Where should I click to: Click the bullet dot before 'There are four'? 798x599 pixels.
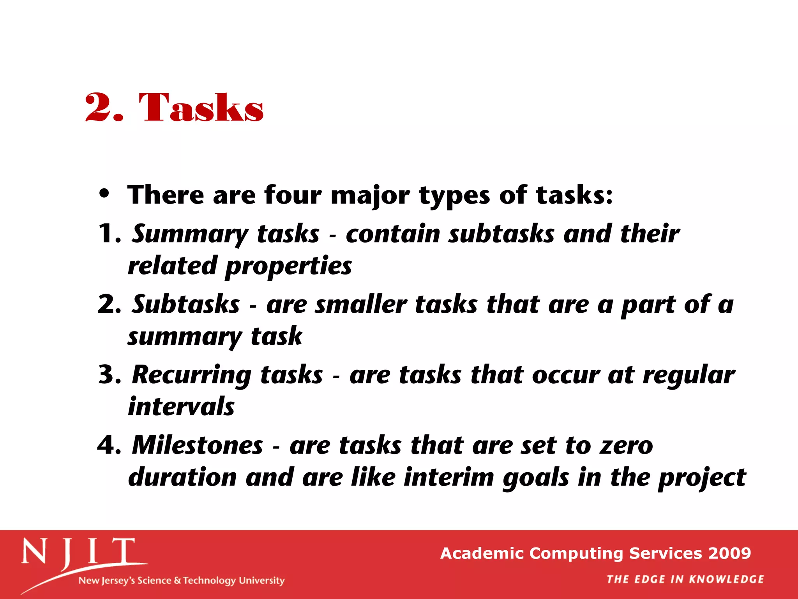click(104, 194)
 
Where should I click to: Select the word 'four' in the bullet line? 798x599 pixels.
click(293, 195)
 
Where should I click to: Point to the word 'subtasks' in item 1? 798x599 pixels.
click(501, 234)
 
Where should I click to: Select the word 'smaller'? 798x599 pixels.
click(361, 305)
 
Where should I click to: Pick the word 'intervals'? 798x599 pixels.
click(181, 407)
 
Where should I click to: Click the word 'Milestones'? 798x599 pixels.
click(198, 445)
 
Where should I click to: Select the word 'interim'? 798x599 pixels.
click(448, 477)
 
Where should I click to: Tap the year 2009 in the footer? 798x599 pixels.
click(730, 553)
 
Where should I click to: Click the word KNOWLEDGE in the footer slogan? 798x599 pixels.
click(726, 580)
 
